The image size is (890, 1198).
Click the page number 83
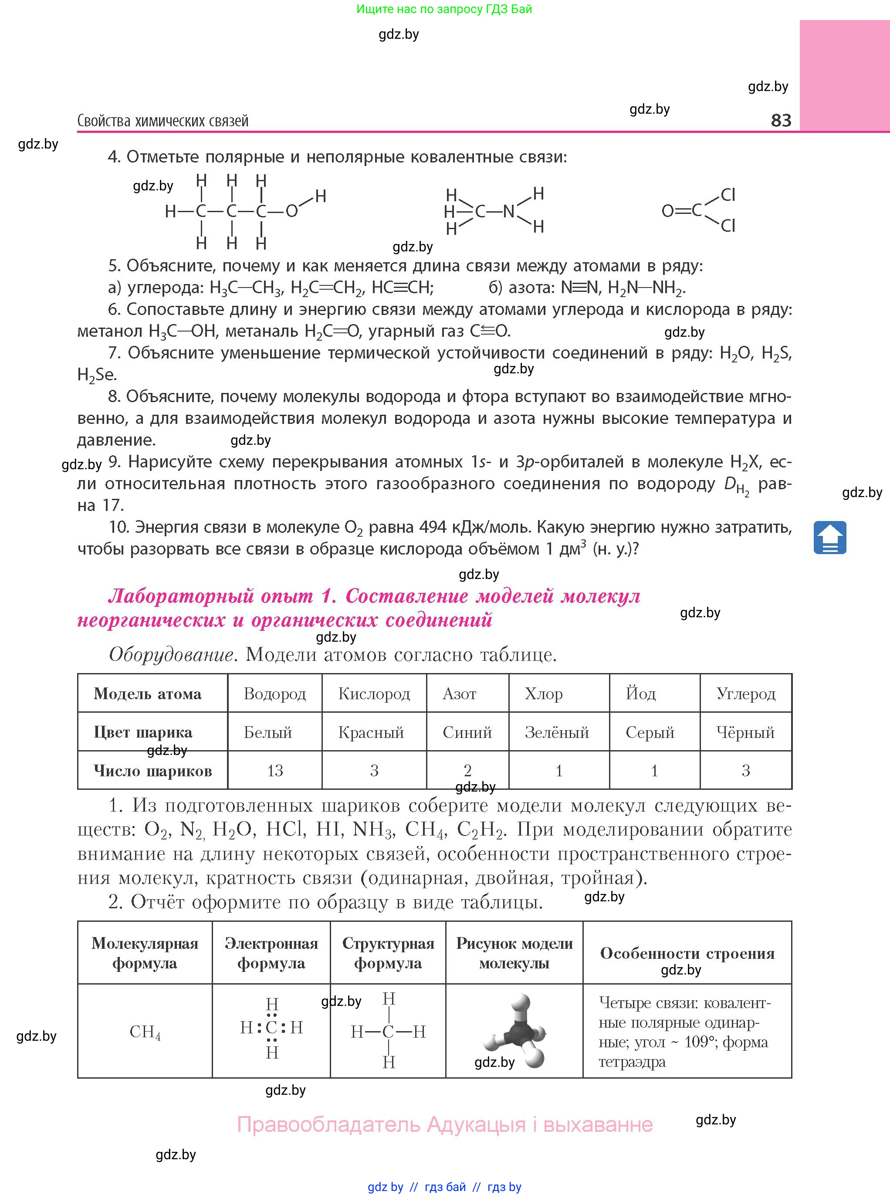tap(781, 120)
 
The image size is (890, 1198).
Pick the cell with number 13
tap(275, 770)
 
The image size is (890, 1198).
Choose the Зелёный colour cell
tap(557, 732)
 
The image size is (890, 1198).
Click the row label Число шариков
tap(152, 770)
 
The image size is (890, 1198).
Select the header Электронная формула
tap(271, 953)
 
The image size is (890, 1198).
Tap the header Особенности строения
tap(687, 953)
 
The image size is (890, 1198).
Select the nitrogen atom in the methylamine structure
tap(508, 212)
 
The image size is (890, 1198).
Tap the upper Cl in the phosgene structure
tap(728, 194)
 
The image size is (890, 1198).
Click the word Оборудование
tap(171, 654)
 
